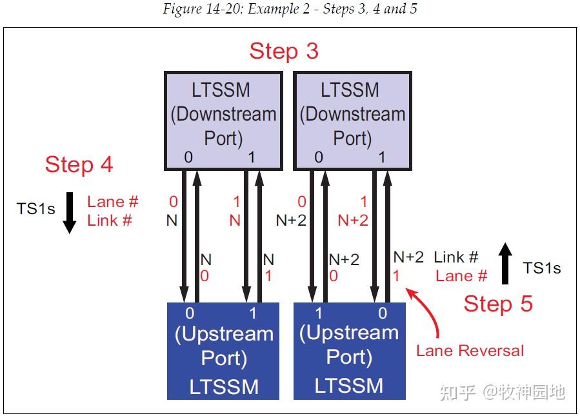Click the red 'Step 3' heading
pyautogui.click(x=284, y=51)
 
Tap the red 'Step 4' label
pyautogui.click(x=79, y=164)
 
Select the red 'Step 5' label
pyautogui.click(x=498, y=303)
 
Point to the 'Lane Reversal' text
pyautogui.click(x=470, y=351)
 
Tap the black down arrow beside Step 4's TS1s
pyautogui.click(x=70, y=212)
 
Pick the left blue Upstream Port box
pyautogui.click(x=223, y=352)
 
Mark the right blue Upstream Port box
pyautogui.click(x=349, y=352)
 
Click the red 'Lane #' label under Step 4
pyautogui.click(x=113, y=202)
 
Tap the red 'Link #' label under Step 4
pyautogui.click(x=110, y=221)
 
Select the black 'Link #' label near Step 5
pyautogui.click(x=456, y=257)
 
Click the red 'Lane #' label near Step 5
pyautogui.click(x=461, y=276)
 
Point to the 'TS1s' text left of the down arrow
pyautogui.click(x=35, y=208)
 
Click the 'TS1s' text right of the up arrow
pyautogui.click(x=541, y=268)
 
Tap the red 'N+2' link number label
pyautogui.click(x=353, y=221)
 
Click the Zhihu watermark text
pyautogui.click(x=502, y=391)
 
